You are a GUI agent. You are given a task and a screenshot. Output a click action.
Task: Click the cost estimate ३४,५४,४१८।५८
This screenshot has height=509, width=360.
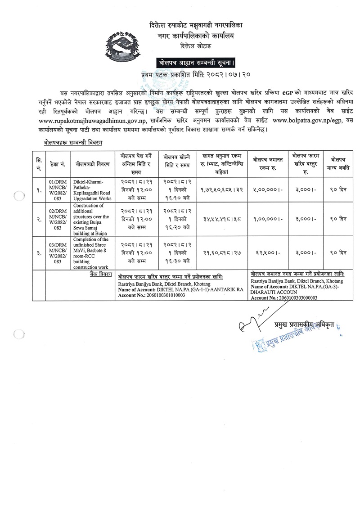(x=221, y=219)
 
